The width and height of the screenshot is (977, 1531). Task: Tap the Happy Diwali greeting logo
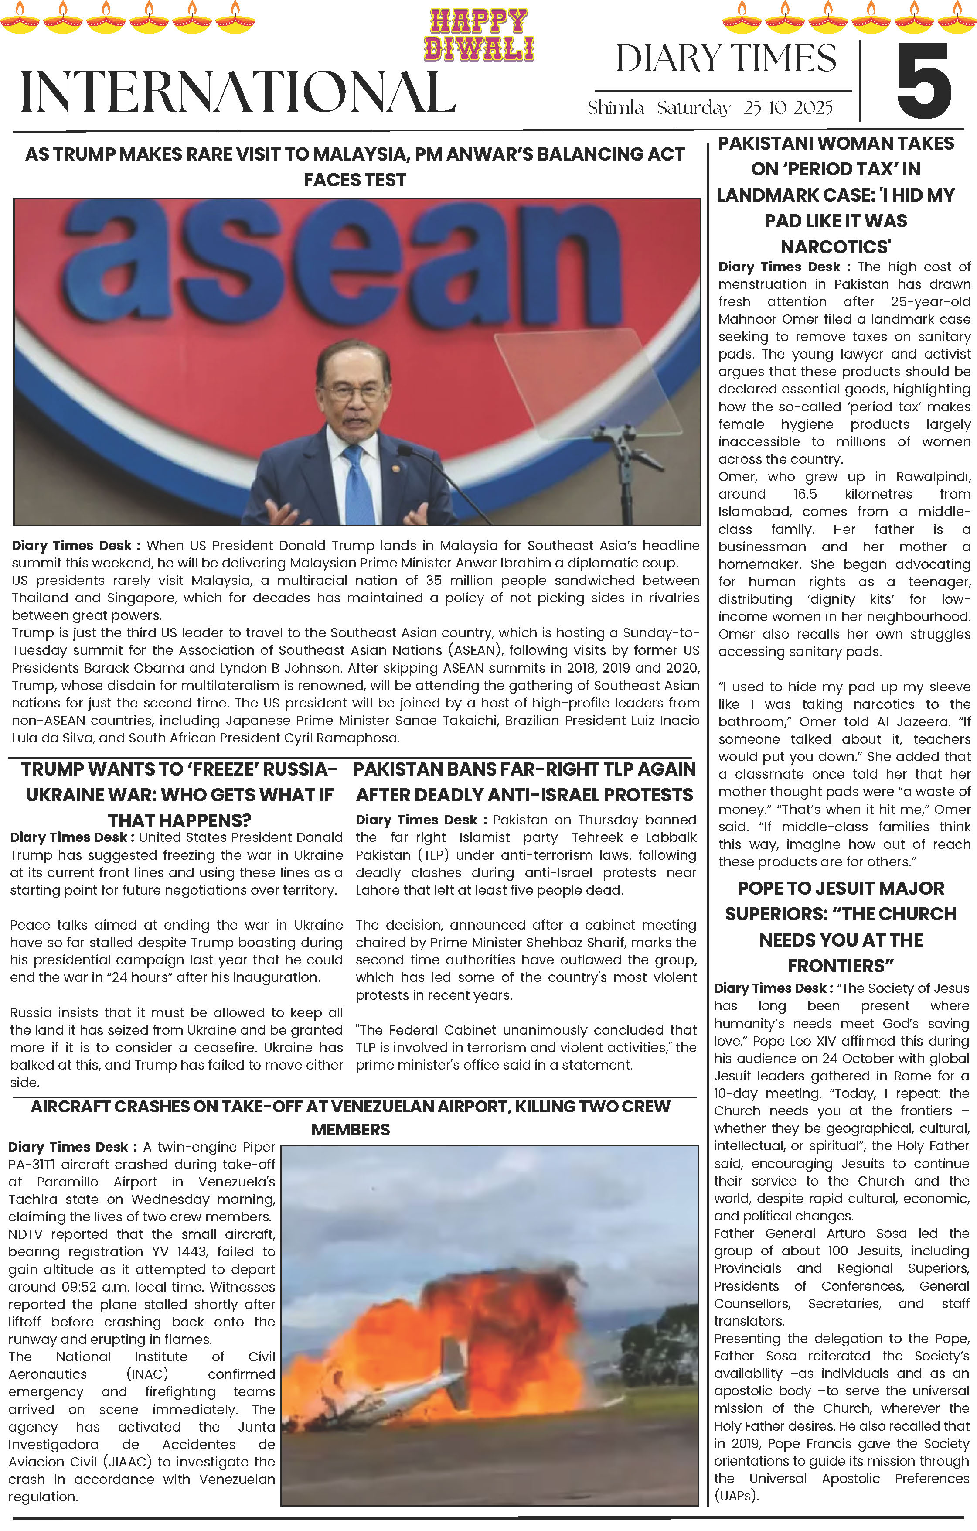click(x=479, y=35)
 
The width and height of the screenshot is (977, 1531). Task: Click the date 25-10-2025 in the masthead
click(x=788, y=108)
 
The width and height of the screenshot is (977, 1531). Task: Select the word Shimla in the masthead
click(x=615, y=108)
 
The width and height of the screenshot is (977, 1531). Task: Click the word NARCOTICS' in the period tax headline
click(x=835, y=247)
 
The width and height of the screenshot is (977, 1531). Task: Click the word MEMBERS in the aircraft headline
click(x=350, y=1130)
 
